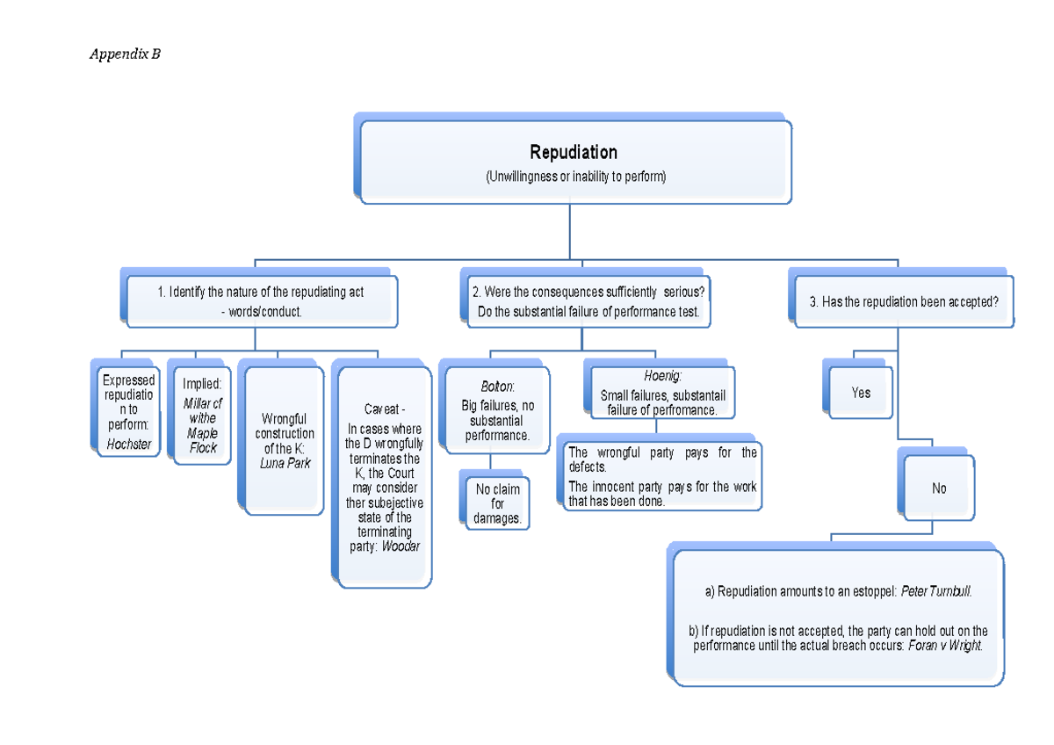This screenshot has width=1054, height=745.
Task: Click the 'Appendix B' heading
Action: pyautogui.click(x=125, y=54)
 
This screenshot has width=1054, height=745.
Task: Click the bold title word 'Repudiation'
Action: pyautogui.click(x=573, y=153)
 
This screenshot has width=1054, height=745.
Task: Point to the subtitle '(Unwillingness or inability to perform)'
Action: pyautogui.click(x=575, y=177)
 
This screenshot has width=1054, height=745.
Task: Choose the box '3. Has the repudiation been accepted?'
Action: pyautogui.click(x=903, y=301)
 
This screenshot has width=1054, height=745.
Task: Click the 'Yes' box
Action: pyautogui.click(x=860, y=393)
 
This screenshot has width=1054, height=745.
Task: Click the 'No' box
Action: pyautogui.click(x=939, y=488)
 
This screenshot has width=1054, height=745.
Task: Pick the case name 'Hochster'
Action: pyautogui.click(x=128, y=445)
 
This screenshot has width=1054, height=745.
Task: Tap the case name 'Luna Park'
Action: pyautogui.click(x=285, y=463)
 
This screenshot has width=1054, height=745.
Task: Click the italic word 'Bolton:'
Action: pyautogui.click(x=497, y=387)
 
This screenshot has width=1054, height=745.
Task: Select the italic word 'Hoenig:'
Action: pyautogui.click(x=662, y=375)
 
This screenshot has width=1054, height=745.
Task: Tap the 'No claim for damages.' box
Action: pyautogui.click(x=497, y=503)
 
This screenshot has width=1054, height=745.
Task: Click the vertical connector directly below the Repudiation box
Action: pyautogui.click(x=570, y=232)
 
